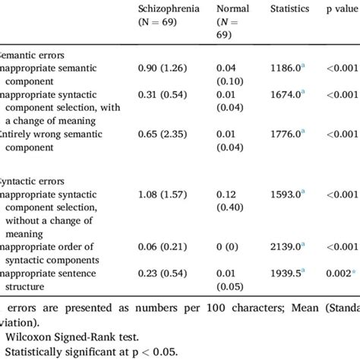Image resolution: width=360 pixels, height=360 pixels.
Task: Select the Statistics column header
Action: (289, 9)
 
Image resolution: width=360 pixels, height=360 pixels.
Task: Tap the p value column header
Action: (340, 9)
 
